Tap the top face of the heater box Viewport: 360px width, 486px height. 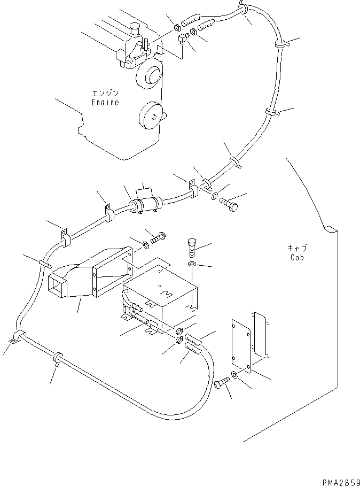tap(160, 288)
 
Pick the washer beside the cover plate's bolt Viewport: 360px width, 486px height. tap(236, 375)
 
